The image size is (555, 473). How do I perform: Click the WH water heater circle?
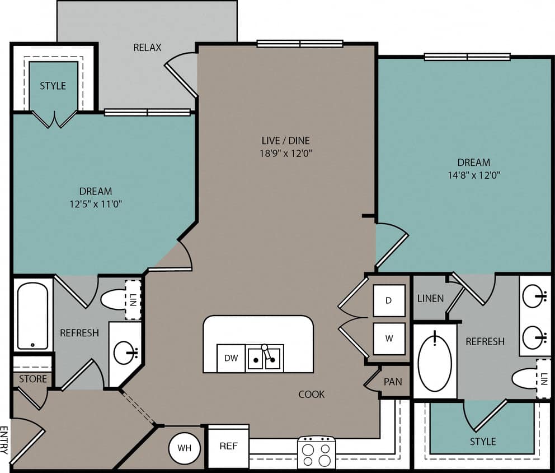coord(185,448)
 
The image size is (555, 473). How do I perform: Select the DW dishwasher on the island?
coord(231,358)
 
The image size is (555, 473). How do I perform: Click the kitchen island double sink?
coord(265,358)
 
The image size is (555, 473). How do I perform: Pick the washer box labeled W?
coord(388,338)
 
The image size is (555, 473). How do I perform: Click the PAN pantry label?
coord(393,382)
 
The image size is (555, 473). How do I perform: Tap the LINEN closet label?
coord(430,298)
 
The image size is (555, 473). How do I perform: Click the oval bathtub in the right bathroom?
coord(434,362)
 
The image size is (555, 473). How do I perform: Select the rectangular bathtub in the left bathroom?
coord(32,314)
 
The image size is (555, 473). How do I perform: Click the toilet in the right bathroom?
coord(525,378)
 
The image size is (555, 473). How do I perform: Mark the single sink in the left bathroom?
coord(125,353)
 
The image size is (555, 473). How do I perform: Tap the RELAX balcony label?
coord(147,48)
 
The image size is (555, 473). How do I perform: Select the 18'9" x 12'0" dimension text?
coord(285,153)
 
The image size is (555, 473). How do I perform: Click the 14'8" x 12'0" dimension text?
coord(473,175)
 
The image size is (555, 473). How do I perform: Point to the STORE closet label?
coord(33,379)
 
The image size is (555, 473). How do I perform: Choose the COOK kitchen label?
coord(312,395)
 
